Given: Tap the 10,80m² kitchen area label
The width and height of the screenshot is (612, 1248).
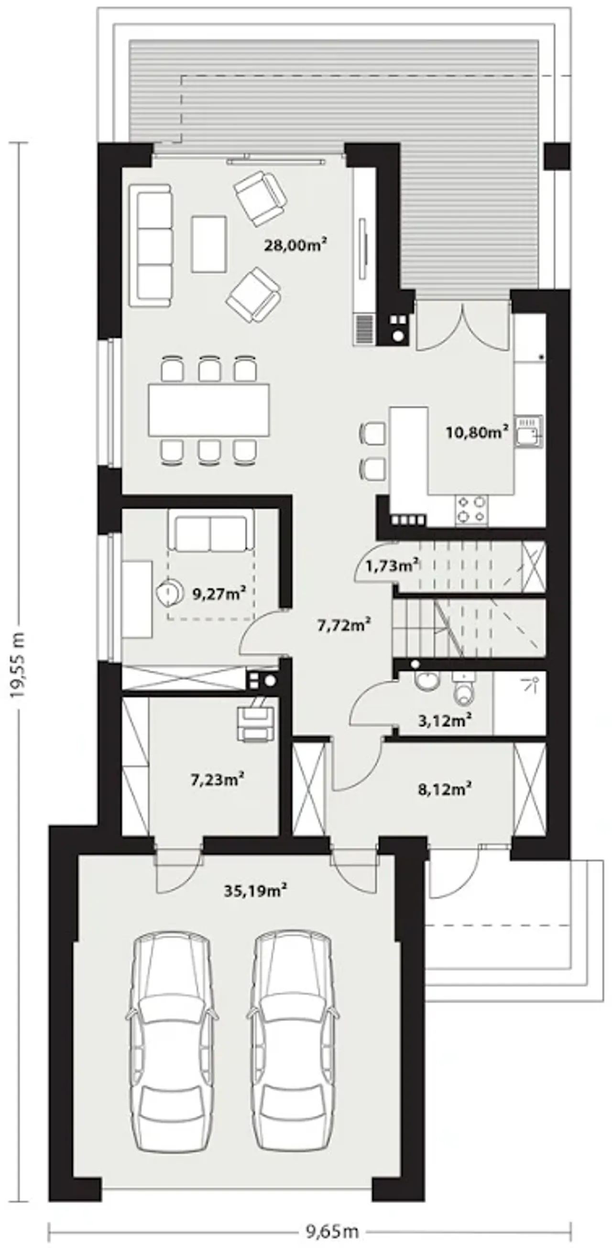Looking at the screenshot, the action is point(477,431).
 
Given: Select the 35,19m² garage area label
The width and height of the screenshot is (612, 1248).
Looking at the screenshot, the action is point(256,890).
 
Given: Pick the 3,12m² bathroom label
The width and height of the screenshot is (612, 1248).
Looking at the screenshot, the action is point(445,720).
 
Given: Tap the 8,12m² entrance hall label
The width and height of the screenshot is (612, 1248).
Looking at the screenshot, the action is point(445,789).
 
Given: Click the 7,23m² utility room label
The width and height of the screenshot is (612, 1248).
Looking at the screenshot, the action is point(217,780).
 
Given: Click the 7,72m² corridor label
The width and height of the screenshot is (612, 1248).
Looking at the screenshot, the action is point(344,625).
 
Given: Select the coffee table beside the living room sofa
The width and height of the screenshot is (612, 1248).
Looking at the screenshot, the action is point(208,244).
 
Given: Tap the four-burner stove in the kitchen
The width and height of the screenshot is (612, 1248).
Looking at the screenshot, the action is point(470,509).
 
